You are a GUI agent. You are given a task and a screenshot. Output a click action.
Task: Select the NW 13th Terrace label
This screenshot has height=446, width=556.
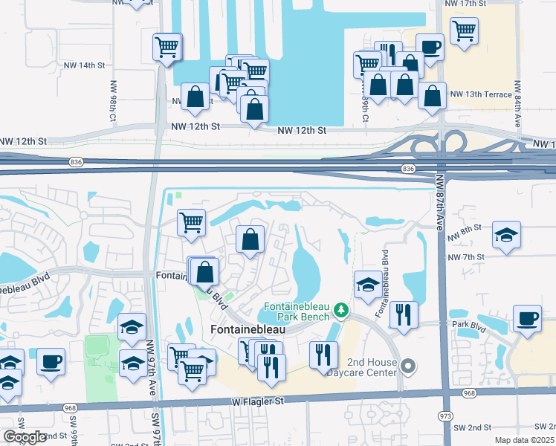pyautogui.click(x=481, y=94)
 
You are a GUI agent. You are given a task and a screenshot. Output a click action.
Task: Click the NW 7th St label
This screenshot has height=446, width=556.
pyautogui.click(x=466, y=257)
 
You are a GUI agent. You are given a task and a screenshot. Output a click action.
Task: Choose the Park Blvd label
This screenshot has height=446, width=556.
pyautogui.click(x=471, y=324)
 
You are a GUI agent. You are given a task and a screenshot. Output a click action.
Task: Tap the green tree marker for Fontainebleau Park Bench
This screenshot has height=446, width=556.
pyautogui.click(x=340, y=308)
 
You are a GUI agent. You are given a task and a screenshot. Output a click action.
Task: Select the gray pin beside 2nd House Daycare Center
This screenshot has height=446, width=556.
pyautogui.click(x=407, y=365)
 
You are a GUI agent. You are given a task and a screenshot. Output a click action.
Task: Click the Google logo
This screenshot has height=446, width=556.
pyautogui.click(x=25, y=437)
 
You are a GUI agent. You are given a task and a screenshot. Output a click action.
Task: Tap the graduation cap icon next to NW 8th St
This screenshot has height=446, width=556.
pyautogui.click(x=507, y=234)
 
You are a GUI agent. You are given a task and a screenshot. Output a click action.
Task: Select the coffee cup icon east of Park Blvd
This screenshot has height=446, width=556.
pyautogui.click(x=528, y=318)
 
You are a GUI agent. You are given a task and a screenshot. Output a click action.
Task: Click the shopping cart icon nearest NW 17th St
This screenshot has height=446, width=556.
pyautogui.click(x=464, y=30)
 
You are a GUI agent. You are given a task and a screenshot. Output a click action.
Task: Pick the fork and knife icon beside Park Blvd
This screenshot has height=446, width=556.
pyautogui.click(x=404, y=314)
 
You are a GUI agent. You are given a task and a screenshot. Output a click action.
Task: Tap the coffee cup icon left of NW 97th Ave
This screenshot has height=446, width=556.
pyautogui.click(x=51, y=362)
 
